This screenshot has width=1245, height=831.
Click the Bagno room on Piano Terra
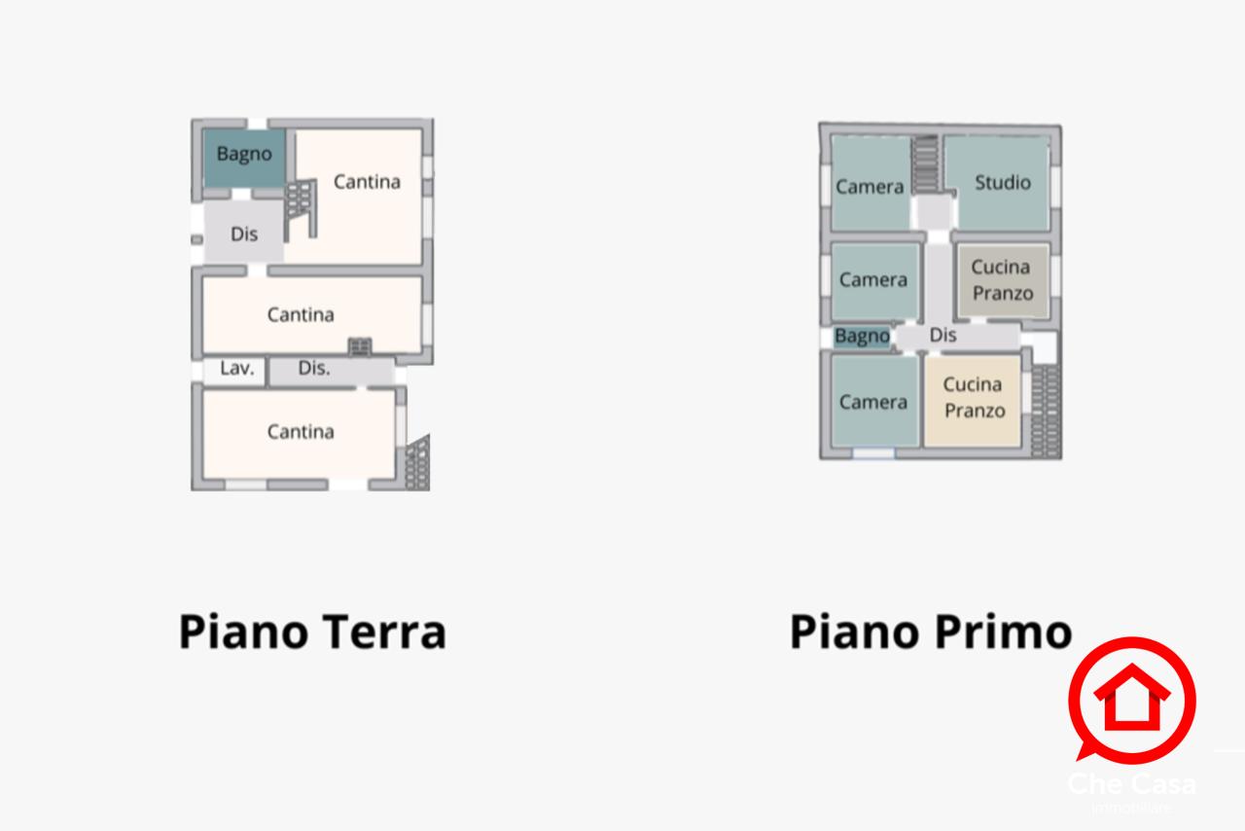pyautogui.click(x=244, y=156)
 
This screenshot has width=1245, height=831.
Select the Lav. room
pyautogui.click(x=235, y=369)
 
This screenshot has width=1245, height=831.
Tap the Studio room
pyautogui.click(x=1002, y=183)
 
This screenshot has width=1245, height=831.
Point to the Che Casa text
pyautogui.click(x=1131, y=782)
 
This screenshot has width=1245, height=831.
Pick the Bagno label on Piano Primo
pyautogui.click(x=862, y=337)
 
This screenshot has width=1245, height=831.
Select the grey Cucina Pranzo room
pyautogui.click(x=1002, y=280)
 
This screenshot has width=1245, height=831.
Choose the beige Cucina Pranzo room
pyautogui.click(x=973, y=399)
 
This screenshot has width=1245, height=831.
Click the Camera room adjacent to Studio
pyautogui.click(x=871, y=185)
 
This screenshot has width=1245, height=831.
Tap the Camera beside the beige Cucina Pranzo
pyautogui.click(x=873, y=401)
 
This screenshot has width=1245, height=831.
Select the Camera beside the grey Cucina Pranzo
pyautogui.click(x=873, y=280)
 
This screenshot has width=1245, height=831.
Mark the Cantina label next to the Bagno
pyautogui.click(x=367, y=182)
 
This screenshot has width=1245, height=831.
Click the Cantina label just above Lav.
pyautogui.click(x=301, y=314)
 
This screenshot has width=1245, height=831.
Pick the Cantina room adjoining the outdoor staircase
pyautogui.click(x=301, y=432)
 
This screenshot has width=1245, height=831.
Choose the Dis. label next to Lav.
pyautogui.click(x=314, y=369)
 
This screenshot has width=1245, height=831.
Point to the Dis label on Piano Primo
pyautogui.click(x=943, y=336)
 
